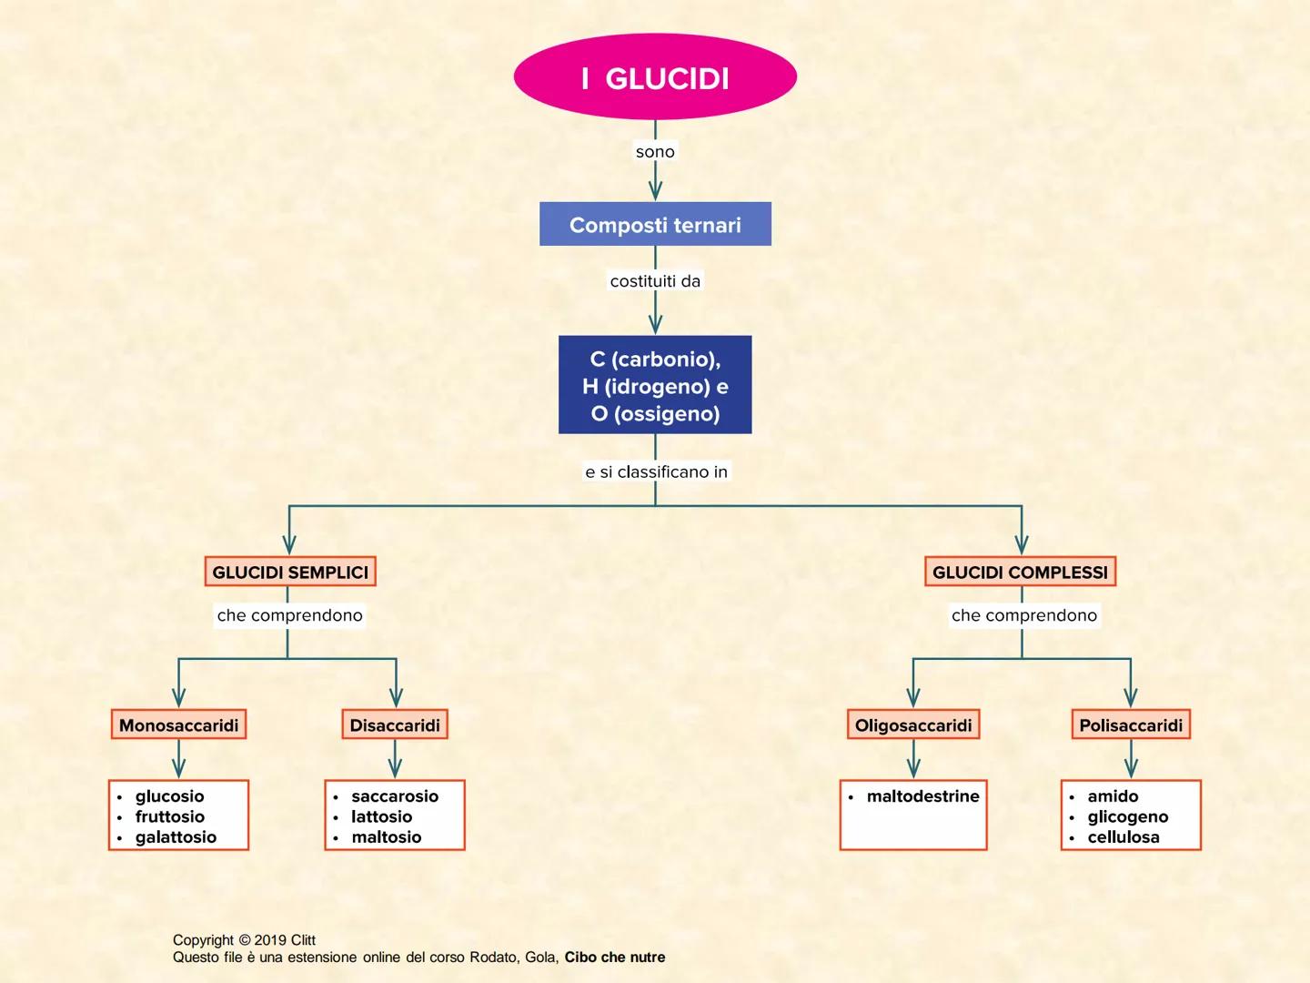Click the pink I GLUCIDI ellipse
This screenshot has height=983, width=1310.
tap(655, 77)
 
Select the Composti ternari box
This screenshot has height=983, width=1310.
tap(655, 225)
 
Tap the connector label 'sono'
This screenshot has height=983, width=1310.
tap(655, 152)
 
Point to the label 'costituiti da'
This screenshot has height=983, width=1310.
tap(655, 281)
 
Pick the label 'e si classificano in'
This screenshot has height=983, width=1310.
tap(656, 471)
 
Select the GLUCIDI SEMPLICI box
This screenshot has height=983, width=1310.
tap(290, 573)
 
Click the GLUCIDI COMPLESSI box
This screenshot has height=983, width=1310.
tap(1020, 573)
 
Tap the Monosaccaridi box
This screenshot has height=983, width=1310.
tap(178, 725)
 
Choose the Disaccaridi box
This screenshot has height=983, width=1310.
tap(395, 725)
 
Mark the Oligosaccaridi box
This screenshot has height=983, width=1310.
tap(913, 725)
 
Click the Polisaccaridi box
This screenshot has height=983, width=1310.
tap(1131, 725)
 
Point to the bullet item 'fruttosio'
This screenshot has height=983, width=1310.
tap(170, 816)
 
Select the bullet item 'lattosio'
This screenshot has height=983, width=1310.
tap(382, 816)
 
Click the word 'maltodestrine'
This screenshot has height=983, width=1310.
tap(922, 796)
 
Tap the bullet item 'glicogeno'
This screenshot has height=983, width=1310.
tap(1128, 816)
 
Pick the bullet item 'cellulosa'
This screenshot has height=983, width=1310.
tap(1124, 837)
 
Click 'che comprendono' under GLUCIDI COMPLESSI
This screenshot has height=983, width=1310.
tap(1024, 615)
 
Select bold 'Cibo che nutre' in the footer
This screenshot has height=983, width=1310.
tap(615, 958)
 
